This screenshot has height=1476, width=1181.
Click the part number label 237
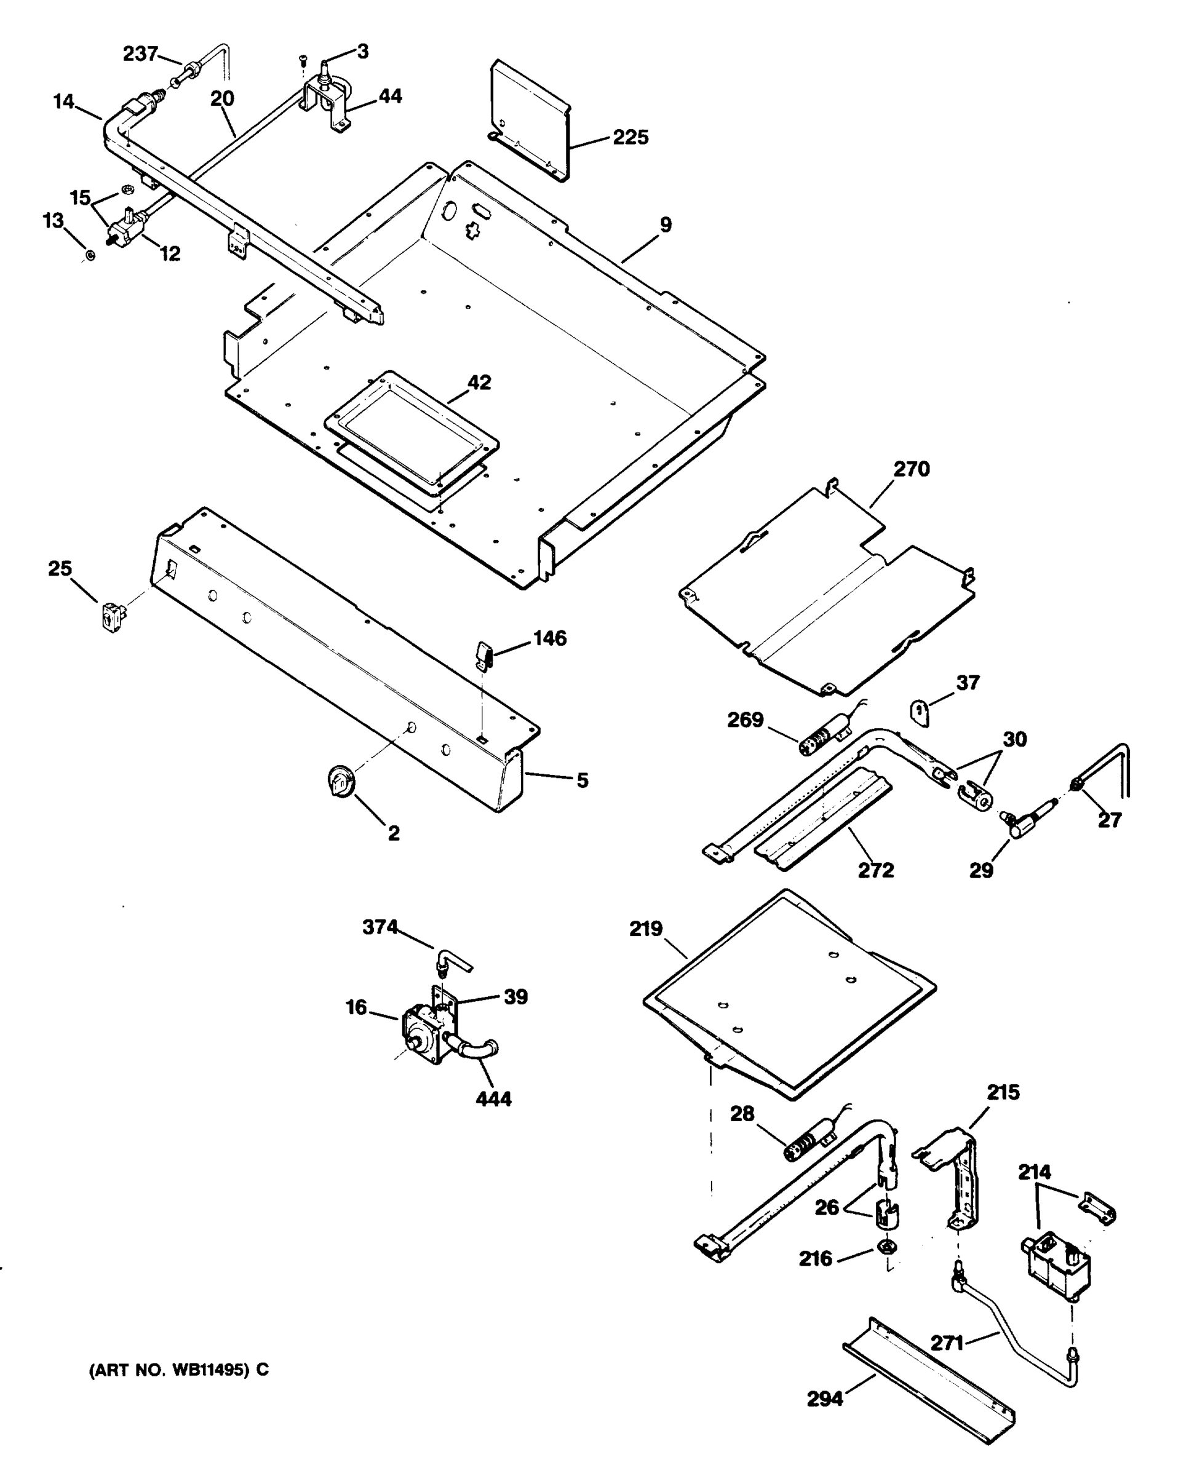140,54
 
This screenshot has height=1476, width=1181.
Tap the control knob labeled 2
340,781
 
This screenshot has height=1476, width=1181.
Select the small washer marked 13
90,256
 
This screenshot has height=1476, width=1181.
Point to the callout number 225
630,138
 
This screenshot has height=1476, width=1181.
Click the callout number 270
911,470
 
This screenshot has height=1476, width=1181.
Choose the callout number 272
876,870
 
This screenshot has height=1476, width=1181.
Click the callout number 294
824,1399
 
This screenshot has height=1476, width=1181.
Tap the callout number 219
646,930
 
